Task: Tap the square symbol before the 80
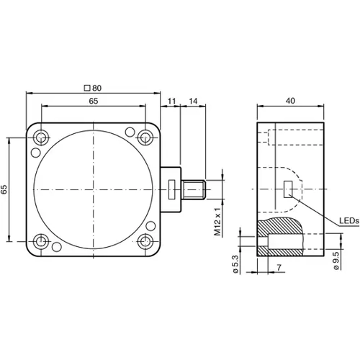tap(87, 87)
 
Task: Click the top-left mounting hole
tap(42, 137)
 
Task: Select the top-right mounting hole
tap(146, 137)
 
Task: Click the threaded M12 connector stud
tap(194, 190)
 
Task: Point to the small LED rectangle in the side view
tap(289, 190)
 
